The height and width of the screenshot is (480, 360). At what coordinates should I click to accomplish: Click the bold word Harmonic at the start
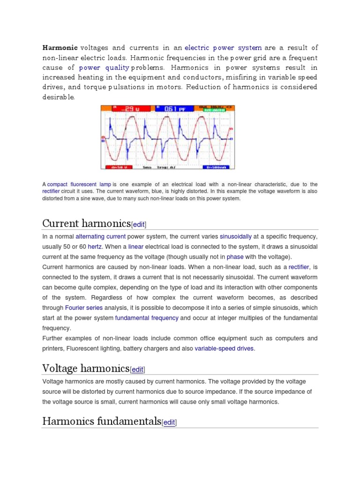point(60,48)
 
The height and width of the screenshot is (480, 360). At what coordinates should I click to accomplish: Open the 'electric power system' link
point(223,48)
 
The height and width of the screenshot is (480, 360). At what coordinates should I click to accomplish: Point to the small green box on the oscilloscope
point(215,111)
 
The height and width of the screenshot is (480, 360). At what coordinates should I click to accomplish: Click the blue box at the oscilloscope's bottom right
point(218,166)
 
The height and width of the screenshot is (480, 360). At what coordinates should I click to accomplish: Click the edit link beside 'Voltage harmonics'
point(138,370)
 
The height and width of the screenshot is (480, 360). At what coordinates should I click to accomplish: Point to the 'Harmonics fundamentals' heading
point(101,421)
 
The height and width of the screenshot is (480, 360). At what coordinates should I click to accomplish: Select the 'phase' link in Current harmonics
point(235,257)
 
